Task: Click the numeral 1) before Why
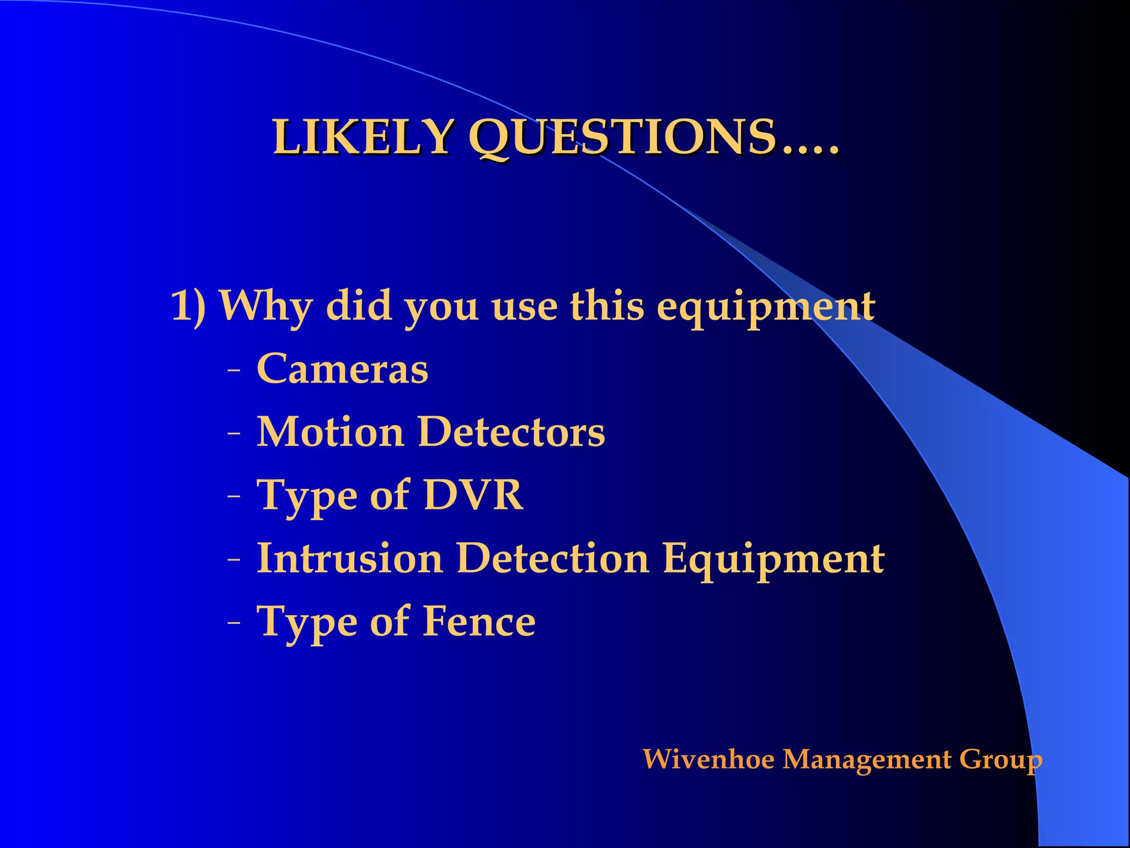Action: coord(188,305)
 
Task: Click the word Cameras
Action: coord(342,369)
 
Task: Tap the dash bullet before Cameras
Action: coord(234,371)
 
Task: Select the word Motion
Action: coord(331,432)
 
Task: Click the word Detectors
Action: coord(511,432)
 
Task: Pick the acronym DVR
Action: coord(473,495)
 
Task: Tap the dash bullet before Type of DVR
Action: coord(234,497)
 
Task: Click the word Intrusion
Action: coord(350,558)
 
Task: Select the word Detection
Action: coord(553,558)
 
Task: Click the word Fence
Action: coord(479,622)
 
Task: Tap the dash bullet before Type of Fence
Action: coord(234,624)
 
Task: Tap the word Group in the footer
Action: coord(1001,760)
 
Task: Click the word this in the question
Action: coord(607,305)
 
